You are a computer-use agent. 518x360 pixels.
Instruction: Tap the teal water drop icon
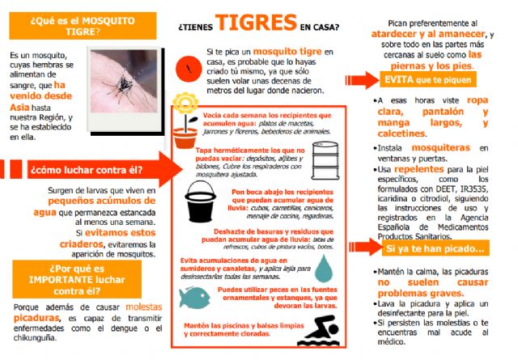point(324,267)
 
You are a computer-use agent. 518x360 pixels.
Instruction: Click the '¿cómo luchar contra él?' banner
point(85,170)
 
